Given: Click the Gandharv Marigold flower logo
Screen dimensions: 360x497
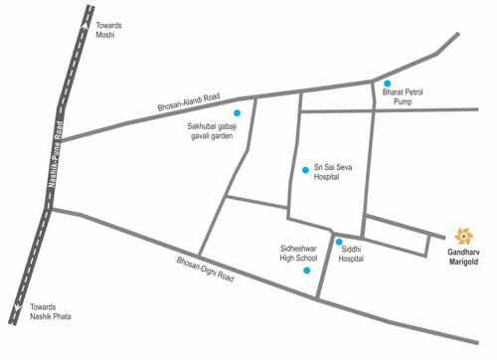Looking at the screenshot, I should click(463, 236).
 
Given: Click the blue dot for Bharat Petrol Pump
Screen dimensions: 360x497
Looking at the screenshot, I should click(388, 83).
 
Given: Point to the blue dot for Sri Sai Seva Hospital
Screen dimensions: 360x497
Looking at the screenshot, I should click(305, 170).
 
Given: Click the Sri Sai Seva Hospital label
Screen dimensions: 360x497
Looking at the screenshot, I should click(333, 173).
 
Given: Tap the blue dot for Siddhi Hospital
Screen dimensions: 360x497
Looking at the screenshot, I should click(339, 242).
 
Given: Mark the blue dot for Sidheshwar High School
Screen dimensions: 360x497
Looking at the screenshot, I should click(306, 270).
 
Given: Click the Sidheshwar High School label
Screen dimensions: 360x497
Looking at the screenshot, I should click(298, 251).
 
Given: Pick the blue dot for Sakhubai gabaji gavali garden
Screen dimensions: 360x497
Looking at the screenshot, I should click(237, 113).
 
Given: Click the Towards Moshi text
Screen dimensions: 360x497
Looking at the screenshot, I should click(106, 29).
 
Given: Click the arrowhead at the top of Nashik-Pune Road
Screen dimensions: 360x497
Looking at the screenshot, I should click(81, 14).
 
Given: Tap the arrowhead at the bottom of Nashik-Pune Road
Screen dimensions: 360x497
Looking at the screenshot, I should click(13, 319).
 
